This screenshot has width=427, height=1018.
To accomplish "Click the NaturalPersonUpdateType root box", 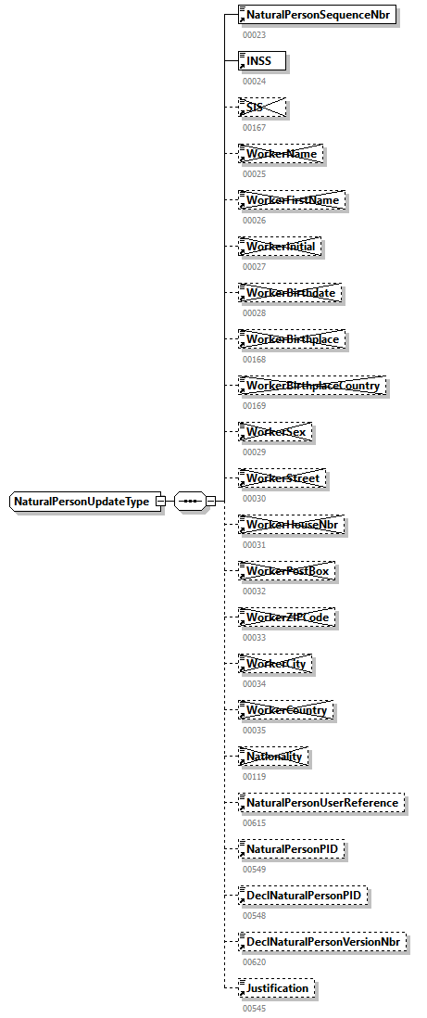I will [x=82, y=502].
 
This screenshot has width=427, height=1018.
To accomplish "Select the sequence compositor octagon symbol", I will [x=190, y=502].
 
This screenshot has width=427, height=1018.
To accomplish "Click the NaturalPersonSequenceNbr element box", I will [x=318, y=16].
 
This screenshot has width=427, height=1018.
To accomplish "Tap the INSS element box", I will [x=261, y=61].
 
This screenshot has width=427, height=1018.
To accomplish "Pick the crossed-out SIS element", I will [x=261, y=108].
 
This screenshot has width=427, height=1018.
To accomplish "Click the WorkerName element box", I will [x=281, y=154].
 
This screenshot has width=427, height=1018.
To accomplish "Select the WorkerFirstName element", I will [x=291, y=200].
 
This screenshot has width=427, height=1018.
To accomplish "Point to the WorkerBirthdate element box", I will [x=290, y=293].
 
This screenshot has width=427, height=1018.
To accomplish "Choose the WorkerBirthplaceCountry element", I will [x=312, y=386].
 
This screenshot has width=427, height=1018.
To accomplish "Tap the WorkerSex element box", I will [x=275, y=432].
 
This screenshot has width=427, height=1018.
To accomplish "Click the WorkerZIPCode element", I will [x=286, y=617].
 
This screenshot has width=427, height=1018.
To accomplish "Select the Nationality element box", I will [x=273, y=757].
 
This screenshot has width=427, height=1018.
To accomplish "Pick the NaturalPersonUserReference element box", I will [x=321, y=803].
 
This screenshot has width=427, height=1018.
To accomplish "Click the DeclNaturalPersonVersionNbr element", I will [x=323, y=942].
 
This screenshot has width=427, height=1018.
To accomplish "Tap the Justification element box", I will [x=276, y=988].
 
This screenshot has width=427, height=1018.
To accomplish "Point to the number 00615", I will [x=254, y=822].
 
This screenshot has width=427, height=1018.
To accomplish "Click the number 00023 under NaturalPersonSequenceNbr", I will [x=254, y=34].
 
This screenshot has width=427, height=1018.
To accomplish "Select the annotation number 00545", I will [x=254, y=1008].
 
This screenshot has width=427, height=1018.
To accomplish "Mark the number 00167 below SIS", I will [x=254, y=127].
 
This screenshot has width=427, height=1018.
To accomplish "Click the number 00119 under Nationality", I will [x=254, y=776].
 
